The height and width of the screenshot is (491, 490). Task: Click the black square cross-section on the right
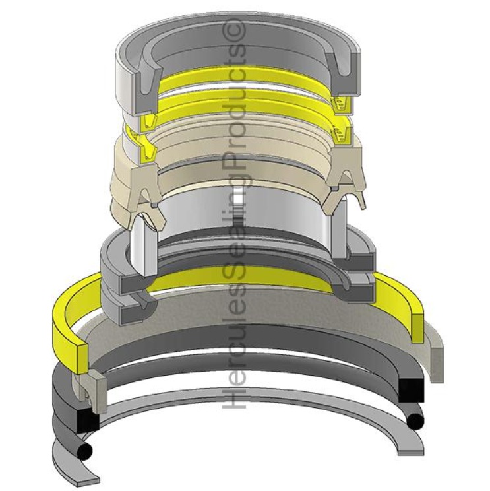point(412,391)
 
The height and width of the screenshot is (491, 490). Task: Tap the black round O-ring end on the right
point(414,422)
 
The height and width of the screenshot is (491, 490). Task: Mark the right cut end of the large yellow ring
point(417,327)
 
